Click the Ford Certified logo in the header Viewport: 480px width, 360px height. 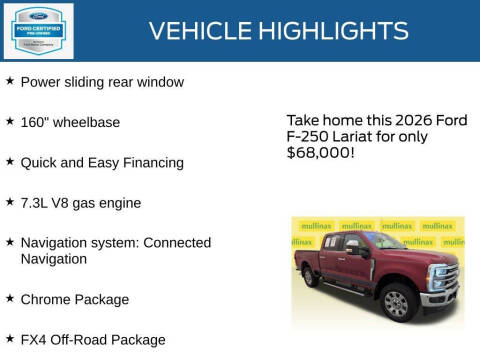pyautogui.click(x=38, y=30)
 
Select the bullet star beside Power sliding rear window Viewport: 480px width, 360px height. pyautogui.click(x=9, y=81)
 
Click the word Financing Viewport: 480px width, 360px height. pyautogui.click(x=152, y=162)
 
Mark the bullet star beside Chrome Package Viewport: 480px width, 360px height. pyautogui.click(x=9, y=299)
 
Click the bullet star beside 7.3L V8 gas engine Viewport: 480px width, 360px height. pyautogui.click(x=9, y=203)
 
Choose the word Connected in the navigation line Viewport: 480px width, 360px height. pyautogui.click(x=178, y=243)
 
